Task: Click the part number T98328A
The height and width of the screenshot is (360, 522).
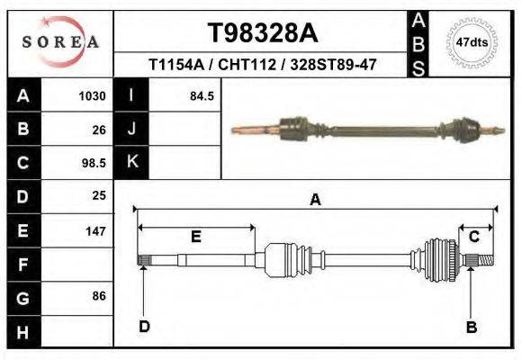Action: (262, 33)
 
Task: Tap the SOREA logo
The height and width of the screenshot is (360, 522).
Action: (59, 42)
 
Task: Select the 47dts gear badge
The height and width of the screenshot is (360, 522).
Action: (471, 42)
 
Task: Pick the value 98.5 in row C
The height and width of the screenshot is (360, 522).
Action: (94, 163)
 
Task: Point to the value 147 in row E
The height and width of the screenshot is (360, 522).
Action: (95, 231)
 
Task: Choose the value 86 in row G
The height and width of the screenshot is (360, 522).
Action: (99, 296)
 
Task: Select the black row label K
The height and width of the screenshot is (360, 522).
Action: (131, 162)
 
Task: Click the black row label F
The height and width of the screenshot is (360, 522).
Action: (22, 265)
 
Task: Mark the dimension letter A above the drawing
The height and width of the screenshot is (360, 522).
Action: (315, 200)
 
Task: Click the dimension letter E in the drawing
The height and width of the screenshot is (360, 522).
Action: (195, 237)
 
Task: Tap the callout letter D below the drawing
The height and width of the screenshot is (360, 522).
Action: (144, 326)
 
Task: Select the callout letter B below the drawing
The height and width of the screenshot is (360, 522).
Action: (471, 327)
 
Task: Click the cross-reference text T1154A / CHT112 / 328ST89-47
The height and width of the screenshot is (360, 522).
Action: (262, 66)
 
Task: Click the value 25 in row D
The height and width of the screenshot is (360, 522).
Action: (99, 195)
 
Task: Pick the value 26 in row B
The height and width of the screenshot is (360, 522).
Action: (99, 130)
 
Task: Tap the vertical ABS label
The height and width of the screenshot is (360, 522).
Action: (418, 42)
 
